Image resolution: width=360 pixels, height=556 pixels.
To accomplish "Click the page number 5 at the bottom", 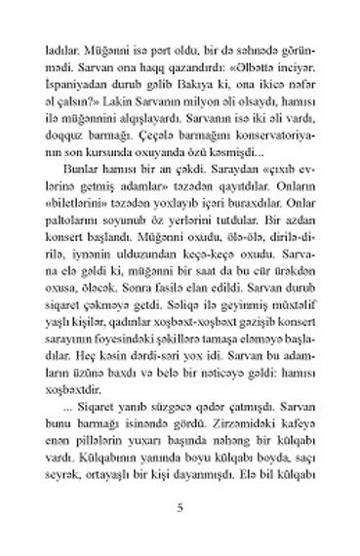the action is (180, 509).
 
